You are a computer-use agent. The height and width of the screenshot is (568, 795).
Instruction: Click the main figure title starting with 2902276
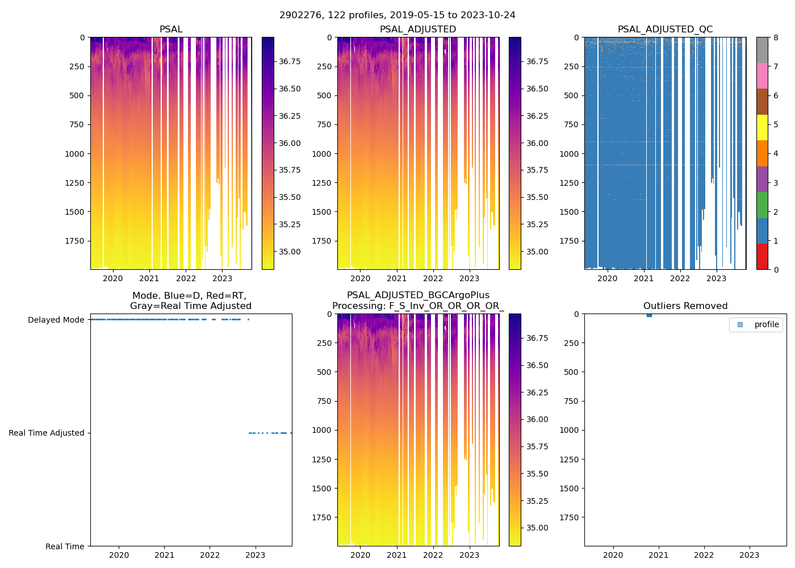397,15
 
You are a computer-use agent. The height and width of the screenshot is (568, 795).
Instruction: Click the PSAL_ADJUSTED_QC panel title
665,30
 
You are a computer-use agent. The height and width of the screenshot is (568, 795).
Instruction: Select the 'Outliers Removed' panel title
685,306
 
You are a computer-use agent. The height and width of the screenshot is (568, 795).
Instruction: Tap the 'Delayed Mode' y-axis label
56,320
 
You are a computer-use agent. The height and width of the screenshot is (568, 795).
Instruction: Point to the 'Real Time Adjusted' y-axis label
46,433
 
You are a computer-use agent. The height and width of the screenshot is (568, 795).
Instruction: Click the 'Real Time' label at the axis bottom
65,546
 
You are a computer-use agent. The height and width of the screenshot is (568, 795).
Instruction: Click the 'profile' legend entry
766,324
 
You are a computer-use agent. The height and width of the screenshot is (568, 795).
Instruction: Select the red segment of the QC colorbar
762,257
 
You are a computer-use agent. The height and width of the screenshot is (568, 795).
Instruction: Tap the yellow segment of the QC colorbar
762,127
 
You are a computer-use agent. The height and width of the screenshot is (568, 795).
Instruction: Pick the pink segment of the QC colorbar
762,76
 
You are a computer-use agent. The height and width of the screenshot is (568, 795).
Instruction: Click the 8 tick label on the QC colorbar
776,37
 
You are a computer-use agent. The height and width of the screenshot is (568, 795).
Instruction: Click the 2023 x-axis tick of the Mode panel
255,555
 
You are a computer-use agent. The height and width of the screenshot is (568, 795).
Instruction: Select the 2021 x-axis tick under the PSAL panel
149,278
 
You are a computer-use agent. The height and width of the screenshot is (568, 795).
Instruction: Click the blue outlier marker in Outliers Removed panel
649,315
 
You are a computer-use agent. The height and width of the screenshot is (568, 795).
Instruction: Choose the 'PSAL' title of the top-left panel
171,30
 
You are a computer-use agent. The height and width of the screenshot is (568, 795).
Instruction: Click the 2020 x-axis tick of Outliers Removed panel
613,555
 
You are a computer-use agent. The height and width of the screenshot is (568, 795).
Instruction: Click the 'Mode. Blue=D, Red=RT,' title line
189,295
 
